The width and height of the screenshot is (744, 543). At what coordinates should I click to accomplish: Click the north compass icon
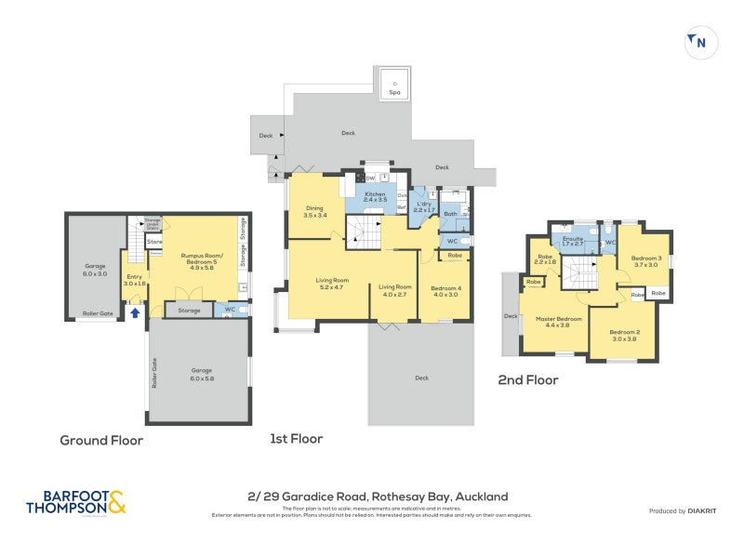697,41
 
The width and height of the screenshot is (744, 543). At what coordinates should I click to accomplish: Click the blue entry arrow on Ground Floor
136,313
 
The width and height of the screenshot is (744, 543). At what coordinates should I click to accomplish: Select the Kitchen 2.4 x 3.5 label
374,196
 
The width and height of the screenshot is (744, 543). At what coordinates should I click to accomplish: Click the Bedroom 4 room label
445,291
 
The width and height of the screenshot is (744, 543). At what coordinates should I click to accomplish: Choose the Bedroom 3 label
645,261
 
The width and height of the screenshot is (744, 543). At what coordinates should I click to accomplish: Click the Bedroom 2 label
625,336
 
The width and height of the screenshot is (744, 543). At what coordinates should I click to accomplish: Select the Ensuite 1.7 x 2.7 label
574,241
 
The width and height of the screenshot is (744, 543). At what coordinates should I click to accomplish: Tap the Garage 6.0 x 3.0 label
95,271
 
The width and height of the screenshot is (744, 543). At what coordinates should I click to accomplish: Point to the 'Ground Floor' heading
101,440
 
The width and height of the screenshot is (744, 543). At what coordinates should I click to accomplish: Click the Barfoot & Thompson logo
74,503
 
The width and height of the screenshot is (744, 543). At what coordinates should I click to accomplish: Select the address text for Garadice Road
371,497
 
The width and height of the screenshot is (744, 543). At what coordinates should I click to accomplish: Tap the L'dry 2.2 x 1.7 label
425,207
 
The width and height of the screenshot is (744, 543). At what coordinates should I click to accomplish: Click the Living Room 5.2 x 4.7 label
331,284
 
